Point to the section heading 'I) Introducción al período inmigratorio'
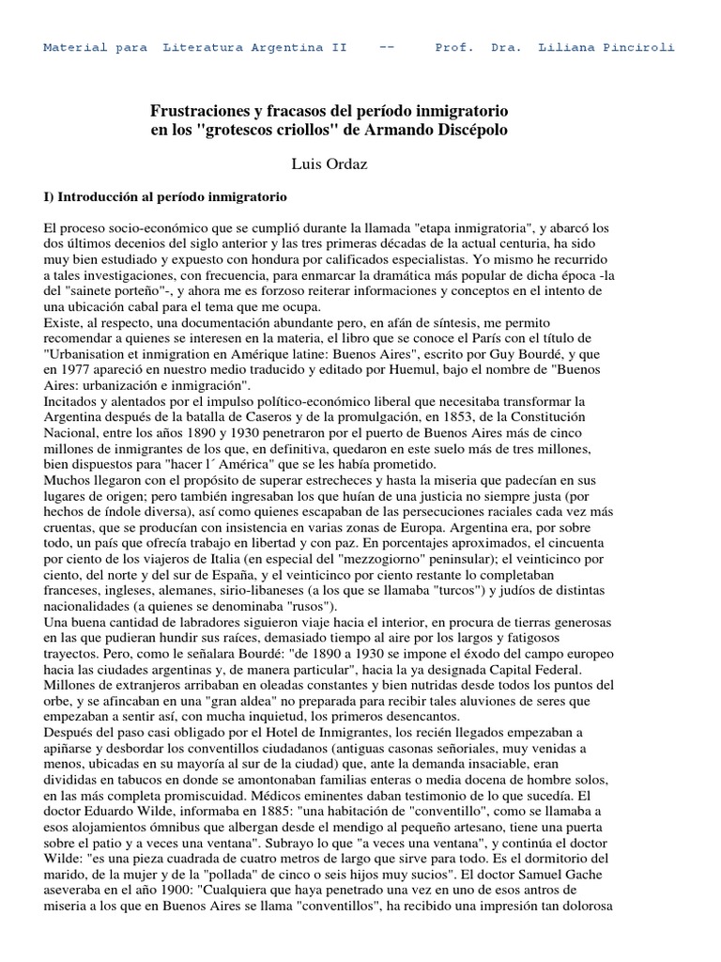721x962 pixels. pyautogui.click(x=165, y=199)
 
